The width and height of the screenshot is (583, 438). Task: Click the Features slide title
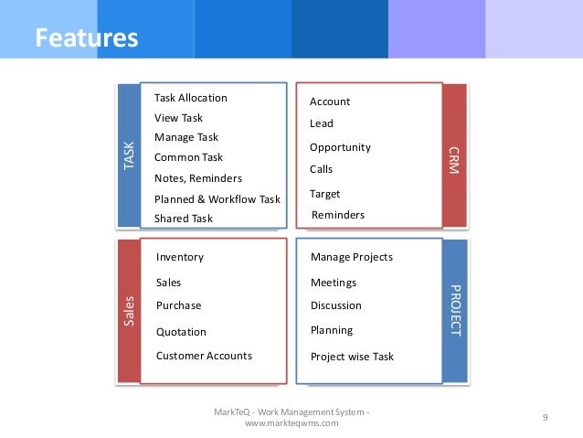(x=86, y=38)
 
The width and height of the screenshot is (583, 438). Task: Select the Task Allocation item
(x=190, y=98)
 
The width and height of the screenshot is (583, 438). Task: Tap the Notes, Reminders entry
(x=197, y=178)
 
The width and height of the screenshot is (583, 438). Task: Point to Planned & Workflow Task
(x=217, y=198)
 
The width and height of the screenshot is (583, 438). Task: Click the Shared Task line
(x=183, y=219)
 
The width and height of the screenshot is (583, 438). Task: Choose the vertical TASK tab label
(x=128, y=155)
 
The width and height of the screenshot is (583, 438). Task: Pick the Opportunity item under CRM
(x=340, y=147)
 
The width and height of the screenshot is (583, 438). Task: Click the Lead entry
(x=322, y=123)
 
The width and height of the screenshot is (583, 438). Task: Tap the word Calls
(x=322, y=169)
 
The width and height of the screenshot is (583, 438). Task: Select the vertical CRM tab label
(x=454, y=155)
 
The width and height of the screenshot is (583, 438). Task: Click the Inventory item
(x=180, y=257)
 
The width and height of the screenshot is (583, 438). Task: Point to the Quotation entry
(x=181, y=332)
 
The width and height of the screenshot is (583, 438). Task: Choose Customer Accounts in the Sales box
(x=204, y=356)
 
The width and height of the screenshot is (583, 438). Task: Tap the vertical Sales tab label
(x=128, y=312)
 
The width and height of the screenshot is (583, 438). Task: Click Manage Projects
(x=351, y=257)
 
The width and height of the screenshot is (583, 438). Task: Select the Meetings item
(x=333, y=283)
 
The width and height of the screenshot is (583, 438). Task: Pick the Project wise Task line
(x=352, y=357)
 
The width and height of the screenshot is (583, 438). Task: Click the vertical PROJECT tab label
(x=454, y=312)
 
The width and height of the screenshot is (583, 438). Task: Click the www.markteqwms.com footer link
(x=291, y=422)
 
